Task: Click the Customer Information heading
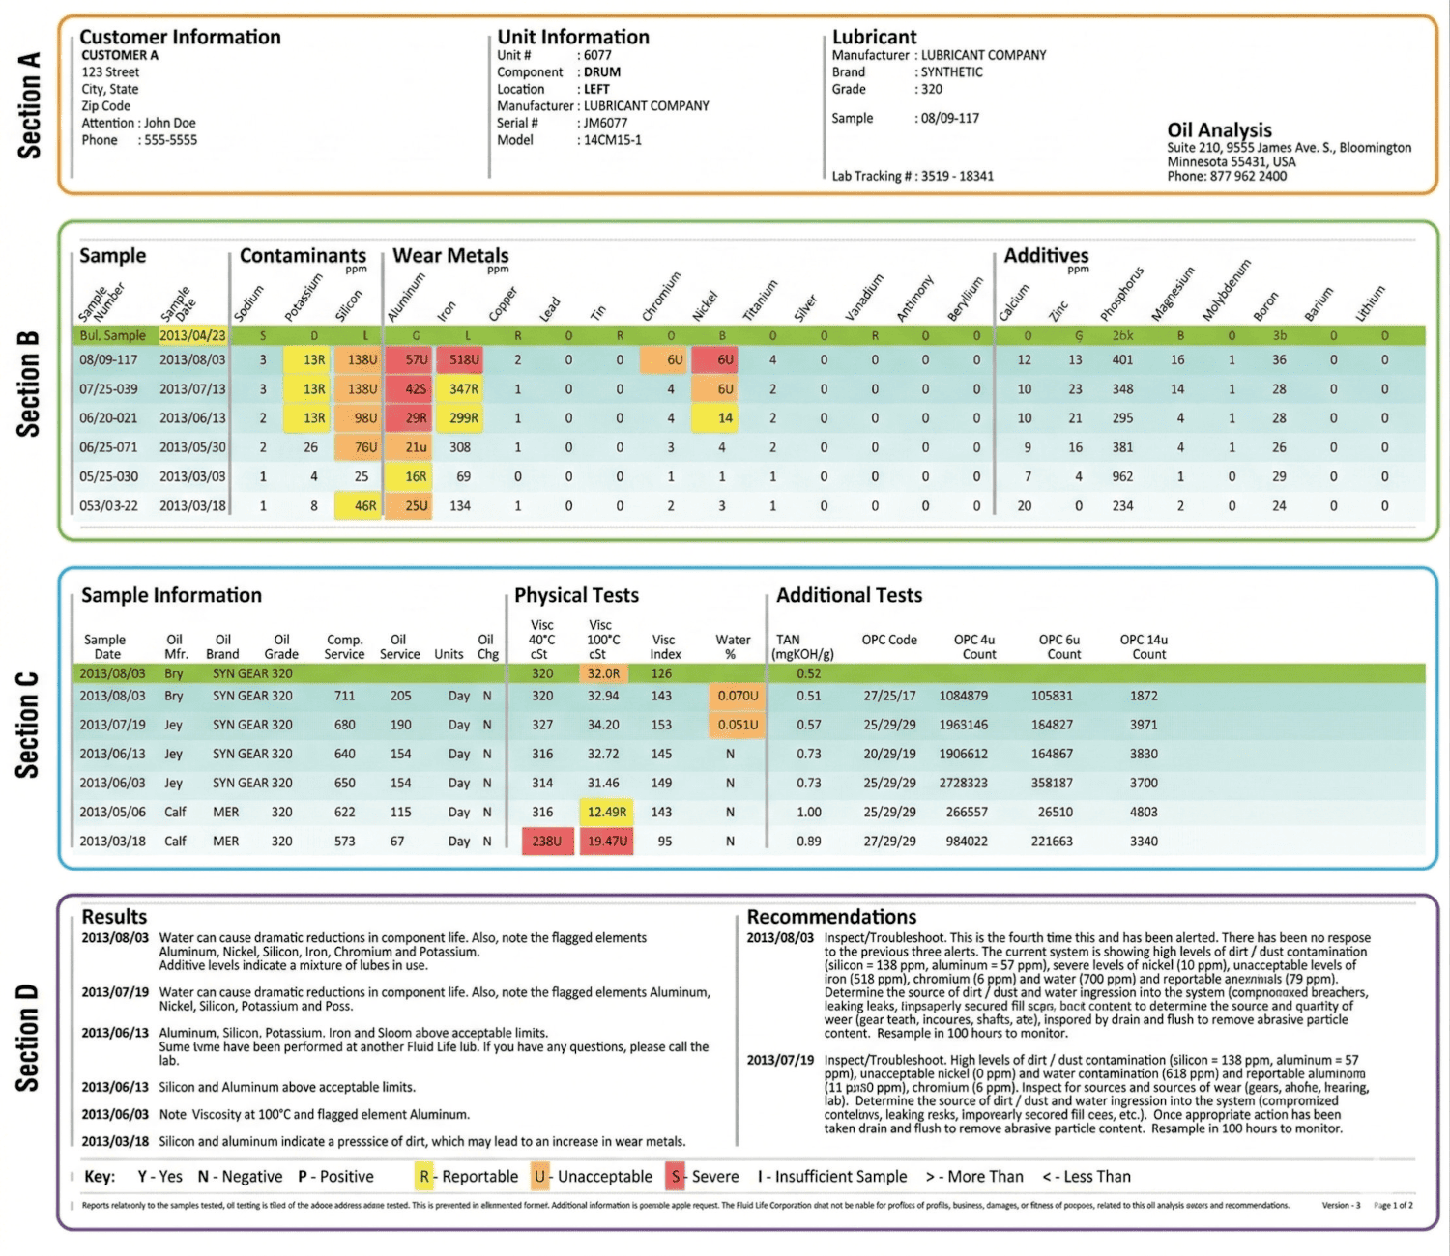[180, 37]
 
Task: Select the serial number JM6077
[605, 123]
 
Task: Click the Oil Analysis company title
[1219, 129]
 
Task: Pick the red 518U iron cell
[464, 359]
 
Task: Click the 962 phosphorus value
[1122, 476]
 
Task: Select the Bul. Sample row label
[112, 335]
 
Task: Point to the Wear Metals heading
[450, 256]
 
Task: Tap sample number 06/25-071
[108, 447]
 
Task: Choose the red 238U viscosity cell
[546, 842]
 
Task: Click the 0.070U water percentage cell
[738, 696]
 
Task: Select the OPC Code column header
[889, 640]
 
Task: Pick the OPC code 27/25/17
[889, 696]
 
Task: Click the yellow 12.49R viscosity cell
[606, 813]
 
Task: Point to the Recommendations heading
[831, 917]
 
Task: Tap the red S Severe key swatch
[676, 1177]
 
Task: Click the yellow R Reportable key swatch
[424, 1177]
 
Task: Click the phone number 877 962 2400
[1248, 176]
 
